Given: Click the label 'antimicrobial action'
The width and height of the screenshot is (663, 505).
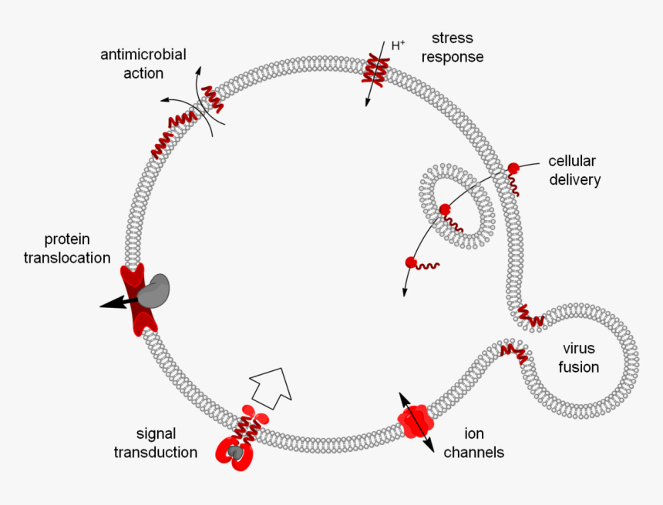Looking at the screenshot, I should click(143, 64).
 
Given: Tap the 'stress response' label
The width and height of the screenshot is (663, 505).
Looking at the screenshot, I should click(457, 47).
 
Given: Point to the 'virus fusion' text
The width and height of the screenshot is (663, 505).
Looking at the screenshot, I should click(579, 358).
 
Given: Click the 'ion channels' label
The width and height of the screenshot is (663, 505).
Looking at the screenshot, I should click(473, 443).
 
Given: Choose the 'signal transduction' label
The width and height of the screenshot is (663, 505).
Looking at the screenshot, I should click(155, 443).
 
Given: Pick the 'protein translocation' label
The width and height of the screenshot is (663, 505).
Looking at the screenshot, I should click(67, 248).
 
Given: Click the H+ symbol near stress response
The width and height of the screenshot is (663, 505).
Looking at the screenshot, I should click(398, 45).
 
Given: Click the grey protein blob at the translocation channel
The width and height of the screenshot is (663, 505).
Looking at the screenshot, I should click(156, 289).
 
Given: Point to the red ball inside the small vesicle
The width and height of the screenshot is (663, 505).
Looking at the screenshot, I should click(445, 209).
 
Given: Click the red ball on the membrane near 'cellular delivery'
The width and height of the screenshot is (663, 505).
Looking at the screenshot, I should click(513, 169).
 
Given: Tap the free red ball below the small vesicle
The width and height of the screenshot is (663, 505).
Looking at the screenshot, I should click(411, 263).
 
